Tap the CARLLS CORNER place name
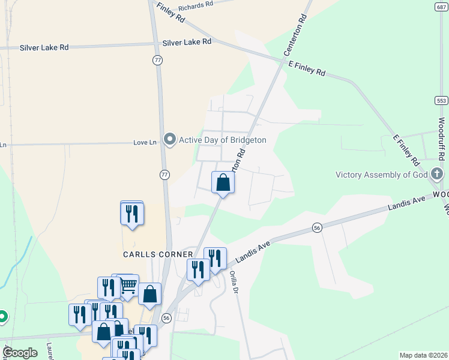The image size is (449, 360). coord(158,254)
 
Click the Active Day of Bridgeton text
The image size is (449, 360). coord(222,140)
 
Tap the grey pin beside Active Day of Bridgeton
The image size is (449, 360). coord(170,140)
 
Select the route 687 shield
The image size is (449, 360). coord(441,7)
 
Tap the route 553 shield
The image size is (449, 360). coord(441,100)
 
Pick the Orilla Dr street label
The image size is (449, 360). coord(234,283)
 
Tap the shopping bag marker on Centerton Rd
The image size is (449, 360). coord(223,182)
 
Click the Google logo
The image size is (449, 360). coord(19,353)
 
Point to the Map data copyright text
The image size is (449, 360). coord(424,355)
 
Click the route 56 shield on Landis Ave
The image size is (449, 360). coord(318,227)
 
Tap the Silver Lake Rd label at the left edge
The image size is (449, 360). coord(44,47)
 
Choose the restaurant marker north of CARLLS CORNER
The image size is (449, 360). coord(132,213)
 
